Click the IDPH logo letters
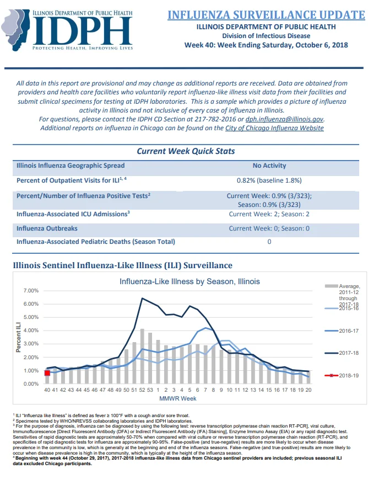[x=83, y=31]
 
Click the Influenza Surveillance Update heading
[x=266, y=15]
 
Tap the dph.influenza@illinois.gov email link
[x=284, y=119]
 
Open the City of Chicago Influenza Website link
[x=274, y=128]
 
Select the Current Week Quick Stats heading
[x=186, y=151]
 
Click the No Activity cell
[x=269, y=166]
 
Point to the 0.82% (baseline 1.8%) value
[x=269, y=180]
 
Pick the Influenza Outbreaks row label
[x=47, y=228]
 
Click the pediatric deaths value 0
[x=269, y=242]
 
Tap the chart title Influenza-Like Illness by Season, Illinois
[x=190, y=281]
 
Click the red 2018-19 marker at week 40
[x=47, y=373]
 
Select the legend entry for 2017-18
[x=342, y=353]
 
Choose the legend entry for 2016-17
[x=342, y=331]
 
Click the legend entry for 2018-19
[x=342, y=376]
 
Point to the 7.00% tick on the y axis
[x=31, y=291]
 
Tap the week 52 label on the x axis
[x=142, y=390]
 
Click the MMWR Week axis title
[x=178, y=399]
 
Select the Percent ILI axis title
[x=19, y=337]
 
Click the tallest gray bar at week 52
[x=142, y=356]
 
